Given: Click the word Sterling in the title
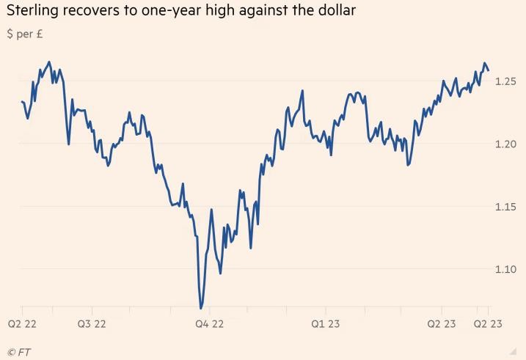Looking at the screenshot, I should (29, 12).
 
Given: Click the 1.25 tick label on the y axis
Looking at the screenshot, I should (506, 81).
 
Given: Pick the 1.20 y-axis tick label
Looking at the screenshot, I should (506, 144).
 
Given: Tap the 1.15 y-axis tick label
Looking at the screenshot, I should (506, 207).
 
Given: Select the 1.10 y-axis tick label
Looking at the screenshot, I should (506, 270).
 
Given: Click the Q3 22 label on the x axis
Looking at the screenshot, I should (92, 323).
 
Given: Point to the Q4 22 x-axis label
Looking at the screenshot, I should (209, 323).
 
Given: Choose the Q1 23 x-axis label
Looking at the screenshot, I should (326, 323).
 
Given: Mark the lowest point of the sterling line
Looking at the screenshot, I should (201, 308).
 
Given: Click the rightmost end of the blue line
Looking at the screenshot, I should (489, 70).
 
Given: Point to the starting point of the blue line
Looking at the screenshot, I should (22, 102).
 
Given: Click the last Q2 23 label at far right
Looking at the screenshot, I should (487, 323).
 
